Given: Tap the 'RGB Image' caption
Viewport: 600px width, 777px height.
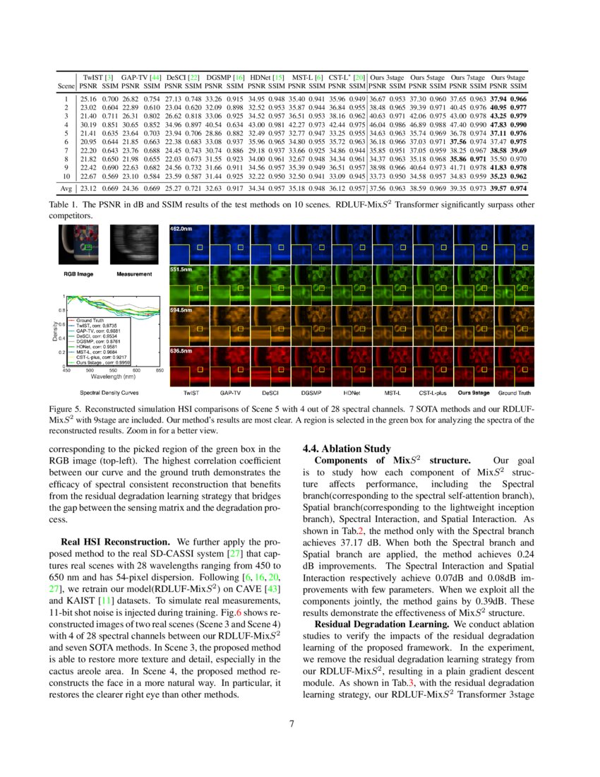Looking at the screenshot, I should point(84,273).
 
